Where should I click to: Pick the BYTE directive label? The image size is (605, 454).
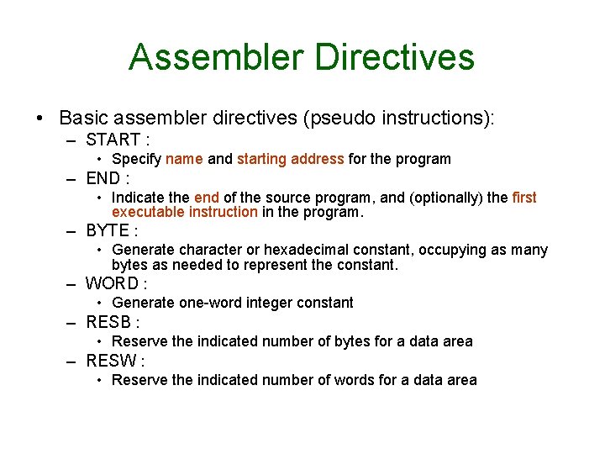[107, 230]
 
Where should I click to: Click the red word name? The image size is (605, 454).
[184, 159]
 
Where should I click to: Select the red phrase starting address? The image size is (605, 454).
[290, 159]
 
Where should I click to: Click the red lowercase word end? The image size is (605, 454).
[206, 198]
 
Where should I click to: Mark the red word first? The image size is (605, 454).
[523, 198]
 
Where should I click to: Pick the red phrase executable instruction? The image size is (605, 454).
[184, 212]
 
